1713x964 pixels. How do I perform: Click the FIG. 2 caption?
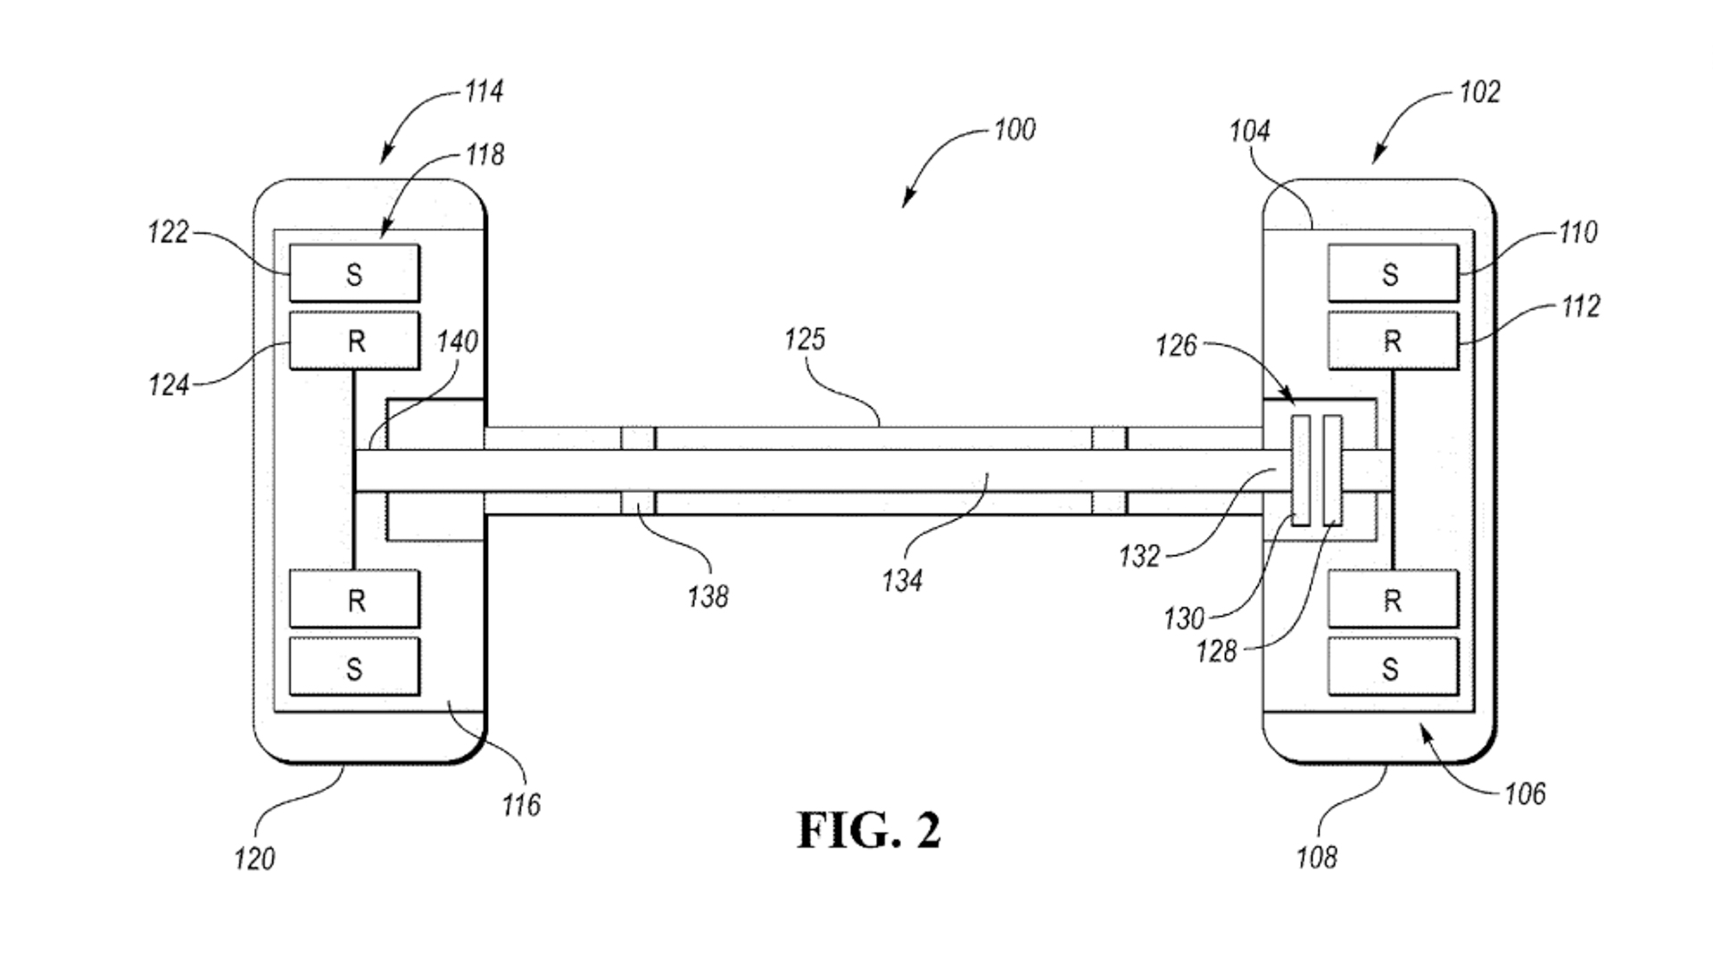tap(868, 831)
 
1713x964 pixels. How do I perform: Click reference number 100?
tap(1014, 130)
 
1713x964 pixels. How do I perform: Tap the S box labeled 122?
tap(354, 273)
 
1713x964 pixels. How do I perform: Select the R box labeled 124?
tap(354, 341)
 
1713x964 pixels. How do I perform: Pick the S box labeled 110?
tap(1392, 273)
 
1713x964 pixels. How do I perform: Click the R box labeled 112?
tap(1392, 341)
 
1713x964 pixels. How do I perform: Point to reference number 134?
tap(901, 582)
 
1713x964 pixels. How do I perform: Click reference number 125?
tap(805, 339)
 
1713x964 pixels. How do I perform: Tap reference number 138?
tap(708, 597)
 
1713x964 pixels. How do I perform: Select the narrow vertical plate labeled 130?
tap(1302, 470)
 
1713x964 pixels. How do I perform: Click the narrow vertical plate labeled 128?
tap(1333, 470)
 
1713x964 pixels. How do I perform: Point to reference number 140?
tap(457, 342)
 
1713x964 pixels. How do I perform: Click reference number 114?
tap(484, 92)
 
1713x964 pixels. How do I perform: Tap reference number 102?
tap(1479, 92)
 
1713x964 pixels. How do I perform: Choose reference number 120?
tap(254, 860)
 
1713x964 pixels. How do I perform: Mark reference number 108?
tap(1317, 858)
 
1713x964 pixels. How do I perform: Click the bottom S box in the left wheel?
tap(354, 668)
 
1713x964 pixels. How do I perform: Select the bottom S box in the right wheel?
tap(1392, 668)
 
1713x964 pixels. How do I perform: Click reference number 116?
tap(521, 806)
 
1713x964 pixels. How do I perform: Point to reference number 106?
tap(1525, 794)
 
